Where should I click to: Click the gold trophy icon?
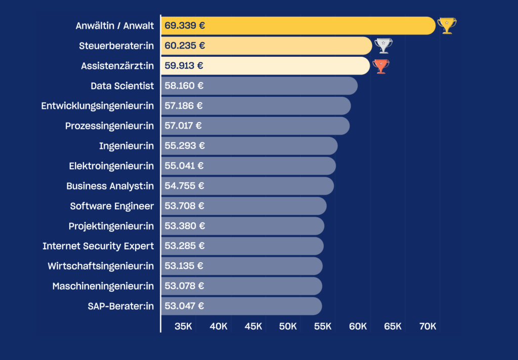447,25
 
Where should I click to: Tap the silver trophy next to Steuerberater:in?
383,46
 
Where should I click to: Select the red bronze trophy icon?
381,66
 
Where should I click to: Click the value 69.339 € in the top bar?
185,25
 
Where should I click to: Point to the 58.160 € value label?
184,86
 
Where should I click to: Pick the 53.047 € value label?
184,306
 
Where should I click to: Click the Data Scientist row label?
122,86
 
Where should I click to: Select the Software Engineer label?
112,206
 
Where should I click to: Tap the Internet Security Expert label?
98,246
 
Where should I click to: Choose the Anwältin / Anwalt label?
114,25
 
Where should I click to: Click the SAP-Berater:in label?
120,306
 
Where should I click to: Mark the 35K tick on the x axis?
183,327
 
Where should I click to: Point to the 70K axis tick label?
427,327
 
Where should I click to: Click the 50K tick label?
288,327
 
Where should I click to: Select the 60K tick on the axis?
358,327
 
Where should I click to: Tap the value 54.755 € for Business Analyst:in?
184,186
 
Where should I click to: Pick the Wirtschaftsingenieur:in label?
101,266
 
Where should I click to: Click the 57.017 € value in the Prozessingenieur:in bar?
183,126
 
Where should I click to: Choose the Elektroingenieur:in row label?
111,166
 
